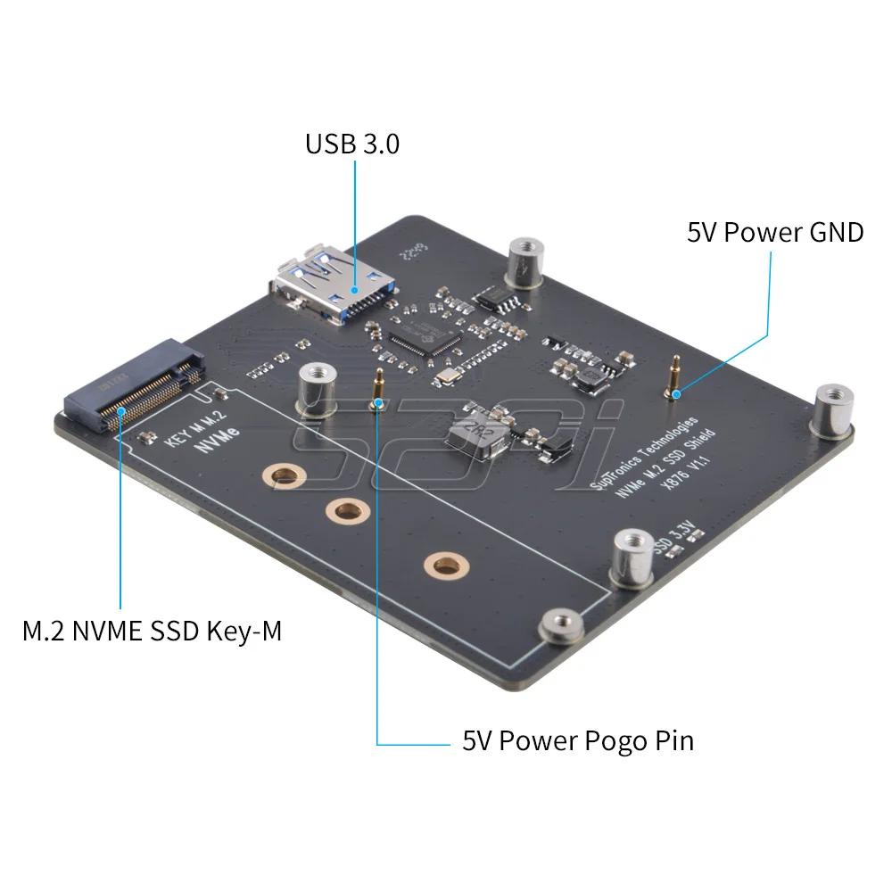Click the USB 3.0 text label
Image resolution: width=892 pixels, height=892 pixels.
point(352,144)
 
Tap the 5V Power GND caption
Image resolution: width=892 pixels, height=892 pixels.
point(774,233)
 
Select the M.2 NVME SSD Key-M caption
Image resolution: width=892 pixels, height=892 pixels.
point(152,632)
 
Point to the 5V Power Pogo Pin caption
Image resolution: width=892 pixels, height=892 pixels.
point(577,740)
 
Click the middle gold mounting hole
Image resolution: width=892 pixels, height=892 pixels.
point(348,510)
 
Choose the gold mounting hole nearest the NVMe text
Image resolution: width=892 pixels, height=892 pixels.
point(285,475)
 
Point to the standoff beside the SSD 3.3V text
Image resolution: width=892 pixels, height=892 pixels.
point(632,558)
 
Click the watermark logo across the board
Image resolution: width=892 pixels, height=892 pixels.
point(464,446)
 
